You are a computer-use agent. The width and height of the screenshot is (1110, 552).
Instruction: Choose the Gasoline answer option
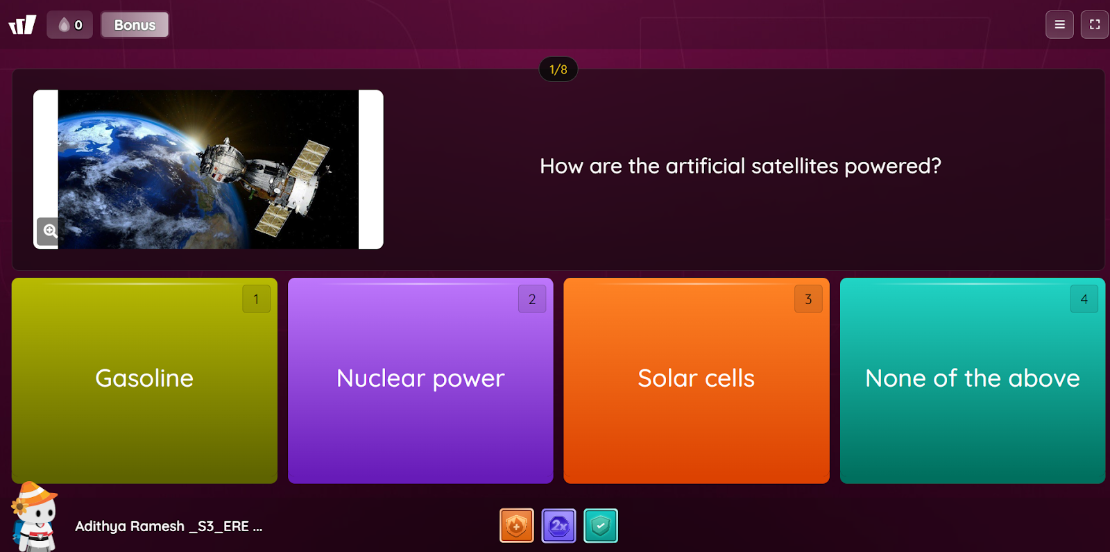point(144,380)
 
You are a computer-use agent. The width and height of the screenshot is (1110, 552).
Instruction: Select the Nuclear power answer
point(420,380)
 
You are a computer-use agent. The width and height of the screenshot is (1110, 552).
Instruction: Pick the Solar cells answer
point(697,380)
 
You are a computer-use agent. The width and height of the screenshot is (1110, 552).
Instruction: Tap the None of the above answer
point(972,380)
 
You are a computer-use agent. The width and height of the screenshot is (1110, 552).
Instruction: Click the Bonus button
point(135,25)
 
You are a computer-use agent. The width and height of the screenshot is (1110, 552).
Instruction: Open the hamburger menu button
point(1059,25)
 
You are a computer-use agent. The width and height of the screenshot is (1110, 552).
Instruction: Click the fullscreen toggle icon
point(1095,25)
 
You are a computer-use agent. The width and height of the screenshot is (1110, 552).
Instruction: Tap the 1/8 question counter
point(558,69)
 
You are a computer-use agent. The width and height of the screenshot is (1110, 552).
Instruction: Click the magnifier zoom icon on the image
point(49,231)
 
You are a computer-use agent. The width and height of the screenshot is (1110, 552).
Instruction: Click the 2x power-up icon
point(558,526)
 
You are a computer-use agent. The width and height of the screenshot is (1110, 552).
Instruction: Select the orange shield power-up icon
point(516,526)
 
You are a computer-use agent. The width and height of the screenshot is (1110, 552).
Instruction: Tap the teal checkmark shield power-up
point(601,526)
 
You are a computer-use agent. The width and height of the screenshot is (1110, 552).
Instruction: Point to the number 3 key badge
point(808,299)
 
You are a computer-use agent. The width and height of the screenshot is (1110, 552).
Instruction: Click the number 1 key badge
point(256,299)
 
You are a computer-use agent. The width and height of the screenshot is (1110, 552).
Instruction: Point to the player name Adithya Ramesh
point(129,526)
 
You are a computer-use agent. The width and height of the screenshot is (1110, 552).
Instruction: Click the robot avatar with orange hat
point(34,517)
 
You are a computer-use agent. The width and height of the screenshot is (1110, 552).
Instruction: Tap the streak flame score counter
point(70,25)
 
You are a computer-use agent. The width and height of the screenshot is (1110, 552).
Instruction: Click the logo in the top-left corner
point(22,25)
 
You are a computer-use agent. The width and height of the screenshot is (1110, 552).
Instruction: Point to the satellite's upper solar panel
point(309,159)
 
